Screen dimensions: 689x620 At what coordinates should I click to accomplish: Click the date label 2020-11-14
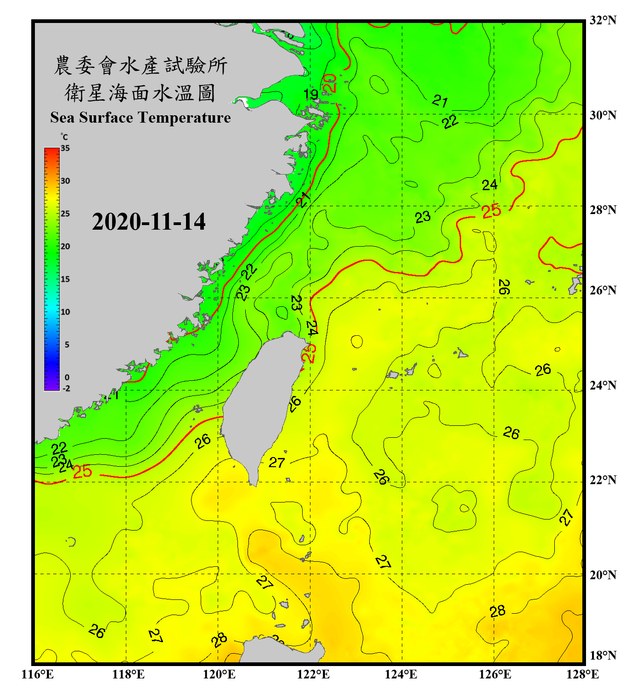tap(148, 222)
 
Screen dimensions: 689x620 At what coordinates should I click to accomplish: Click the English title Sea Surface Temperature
tap(141, 118)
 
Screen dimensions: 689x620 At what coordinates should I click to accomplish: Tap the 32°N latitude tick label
tap(603, 20)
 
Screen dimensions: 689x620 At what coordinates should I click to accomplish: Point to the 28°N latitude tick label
tap(603, 210)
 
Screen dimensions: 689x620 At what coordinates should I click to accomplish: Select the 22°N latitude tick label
tap(603, 480)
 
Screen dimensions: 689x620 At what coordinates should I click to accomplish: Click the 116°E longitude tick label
tap(37, 674)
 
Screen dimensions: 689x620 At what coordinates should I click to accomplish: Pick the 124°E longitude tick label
tap(400, 674)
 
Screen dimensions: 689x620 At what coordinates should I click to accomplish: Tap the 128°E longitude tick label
tap(582, 674)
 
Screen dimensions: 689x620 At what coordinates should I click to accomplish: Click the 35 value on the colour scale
tap(65, 148)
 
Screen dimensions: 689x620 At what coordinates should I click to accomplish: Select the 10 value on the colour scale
tap(65, 312)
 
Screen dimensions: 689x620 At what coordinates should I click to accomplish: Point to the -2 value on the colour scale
tap(66, 389)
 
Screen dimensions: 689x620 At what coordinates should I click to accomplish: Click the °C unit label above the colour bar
tap(64, 137)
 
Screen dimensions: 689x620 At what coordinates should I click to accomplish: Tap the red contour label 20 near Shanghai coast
tap(330, 83)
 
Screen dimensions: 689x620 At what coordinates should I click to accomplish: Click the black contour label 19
tap(311, 95)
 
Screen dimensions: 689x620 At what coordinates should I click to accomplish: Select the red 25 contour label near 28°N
tap(491, 211)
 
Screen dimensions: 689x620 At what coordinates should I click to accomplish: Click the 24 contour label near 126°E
tap(489, 185)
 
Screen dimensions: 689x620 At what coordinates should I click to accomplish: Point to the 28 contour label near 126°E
tap(497, 611)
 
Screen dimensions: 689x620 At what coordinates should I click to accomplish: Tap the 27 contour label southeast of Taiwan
tap(277, 463)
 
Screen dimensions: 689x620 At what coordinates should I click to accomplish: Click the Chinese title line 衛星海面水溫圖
tap(140, 93)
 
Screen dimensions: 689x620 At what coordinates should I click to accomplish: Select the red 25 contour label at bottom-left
tap(82, 471)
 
